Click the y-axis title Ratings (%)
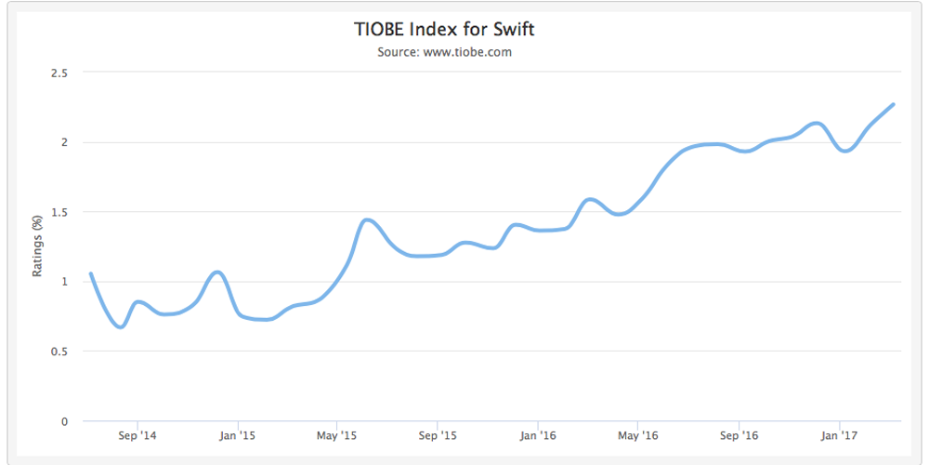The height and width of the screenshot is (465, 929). pyautogui.click(x=38, y=246)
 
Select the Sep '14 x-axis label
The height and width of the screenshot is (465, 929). pyautogui.click(x=137, y=435)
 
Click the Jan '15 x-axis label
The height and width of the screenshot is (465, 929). pyautogui.click(x=237, y=435)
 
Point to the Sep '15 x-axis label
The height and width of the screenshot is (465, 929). pyautogui.click(x=438, y=435)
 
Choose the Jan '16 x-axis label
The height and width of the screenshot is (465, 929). pyautogui.click(x=538, y=435)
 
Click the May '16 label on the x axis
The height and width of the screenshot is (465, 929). pyautogui.click(x=637, y=435)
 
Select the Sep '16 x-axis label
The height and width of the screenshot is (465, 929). pyautogui.click(x=739, y=435)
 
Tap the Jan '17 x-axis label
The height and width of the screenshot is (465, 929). pyautogui.click(x=839, y=435)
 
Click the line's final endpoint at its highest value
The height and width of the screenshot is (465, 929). pyautogui.click(x=893, y=104)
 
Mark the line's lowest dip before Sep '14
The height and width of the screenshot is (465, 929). pyautogui.click(x=120, y=326)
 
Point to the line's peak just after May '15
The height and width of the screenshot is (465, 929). pyautogui.click(x=368, y=219)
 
